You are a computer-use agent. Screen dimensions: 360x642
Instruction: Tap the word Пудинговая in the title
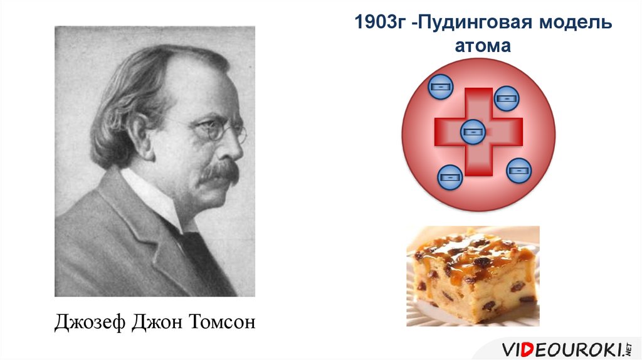point(466,23)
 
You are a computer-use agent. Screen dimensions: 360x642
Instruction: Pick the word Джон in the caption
point(154,322)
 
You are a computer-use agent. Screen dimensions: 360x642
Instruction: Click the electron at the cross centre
point(473,132)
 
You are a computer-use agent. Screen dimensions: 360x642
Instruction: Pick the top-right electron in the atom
point(506,98)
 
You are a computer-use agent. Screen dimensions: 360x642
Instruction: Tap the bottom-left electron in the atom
point(450,177)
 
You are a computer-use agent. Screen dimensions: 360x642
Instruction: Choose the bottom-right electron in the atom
point(518,171)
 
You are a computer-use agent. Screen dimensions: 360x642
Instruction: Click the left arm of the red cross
point(447,130)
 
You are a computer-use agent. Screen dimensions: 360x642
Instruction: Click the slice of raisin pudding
point(473,276)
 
